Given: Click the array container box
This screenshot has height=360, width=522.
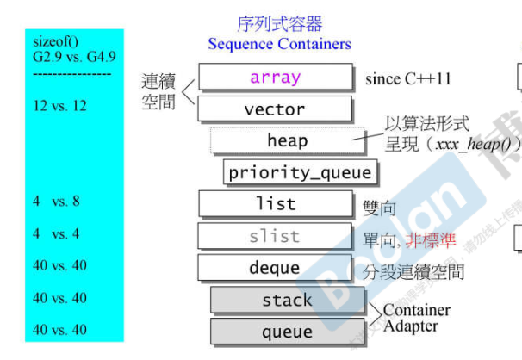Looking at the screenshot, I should tap(276, 78).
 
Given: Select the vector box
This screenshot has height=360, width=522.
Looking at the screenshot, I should tap(276, 109).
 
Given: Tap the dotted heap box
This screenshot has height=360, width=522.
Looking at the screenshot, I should tap(287, 140).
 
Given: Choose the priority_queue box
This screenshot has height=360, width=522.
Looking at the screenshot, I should tap(300, 172).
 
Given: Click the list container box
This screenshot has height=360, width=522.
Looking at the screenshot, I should tap(276, 204).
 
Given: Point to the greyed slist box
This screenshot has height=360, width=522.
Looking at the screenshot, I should tap(276, 236).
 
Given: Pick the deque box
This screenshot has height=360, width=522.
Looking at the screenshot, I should tap(276, 268).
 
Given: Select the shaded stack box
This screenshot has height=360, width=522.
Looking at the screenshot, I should tap(287, 300).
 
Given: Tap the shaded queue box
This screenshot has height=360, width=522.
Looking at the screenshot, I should tap(287, 332).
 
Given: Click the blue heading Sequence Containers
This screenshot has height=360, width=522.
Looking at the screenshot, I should tap(280, 44).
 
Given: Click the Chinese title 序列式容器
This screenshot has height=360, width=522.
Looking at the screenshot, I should tap(280, 24).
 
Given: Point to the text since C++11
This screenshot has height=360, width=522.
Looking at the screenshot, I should tap(408, 79).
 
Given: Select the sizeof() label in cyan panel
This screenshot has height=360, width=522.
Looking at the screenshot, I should tap(54, 41).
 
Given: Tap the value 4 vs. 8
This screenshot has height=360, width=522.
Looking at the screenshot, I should tap(56, 202).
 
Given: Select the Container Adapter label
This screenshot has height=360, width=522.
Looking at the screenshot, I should tap(416, 318).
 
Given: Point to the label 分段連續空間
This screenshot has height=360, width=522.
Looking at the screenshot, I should tap(413, 272).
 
